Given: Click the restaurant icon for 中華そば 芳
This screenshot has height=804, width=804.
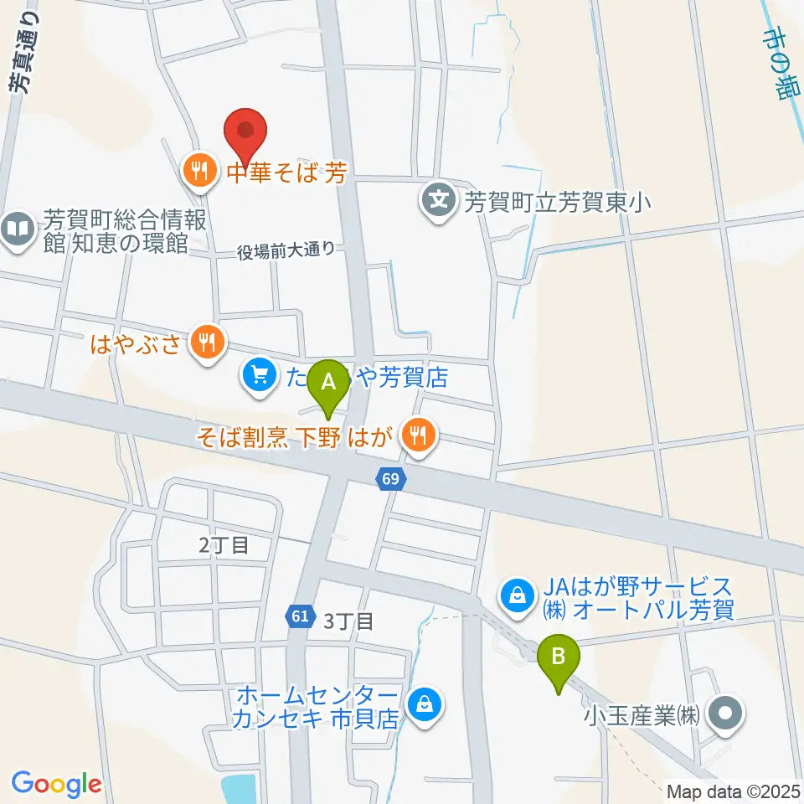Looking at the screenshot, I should [x=198, y=173].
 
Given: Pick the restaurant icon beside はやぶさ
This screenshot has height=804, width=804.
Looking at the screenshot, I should [x=207, y=342].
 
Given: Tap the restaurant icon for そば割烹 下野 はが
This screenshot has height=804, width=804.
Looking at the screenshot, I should [x=418, y=434].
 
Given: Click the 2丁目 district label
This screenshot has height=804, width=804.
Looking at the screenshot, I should [x=224, y=545].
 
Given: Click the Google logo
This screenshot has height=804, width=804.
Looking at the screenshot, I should [x=56, y=784].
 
